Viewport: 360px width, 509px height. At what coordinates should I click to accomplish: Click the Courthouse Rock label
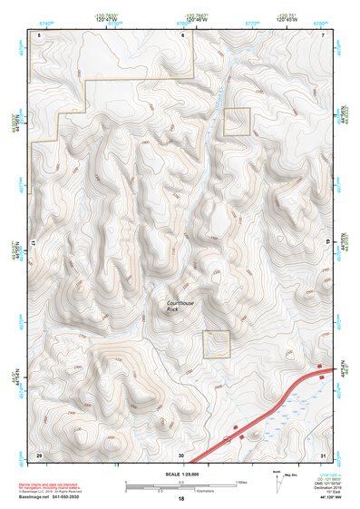180,306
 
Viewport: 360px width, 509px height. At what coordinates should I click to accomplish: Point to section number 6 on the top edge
182,34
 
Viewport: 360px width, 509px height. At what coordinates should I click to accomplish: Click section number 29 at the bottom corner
39,453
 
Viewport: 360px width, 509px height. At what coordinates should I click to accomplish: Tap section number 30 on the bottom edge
181,453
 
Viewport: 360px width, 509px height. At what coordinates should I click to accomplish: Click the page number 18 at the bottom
181,499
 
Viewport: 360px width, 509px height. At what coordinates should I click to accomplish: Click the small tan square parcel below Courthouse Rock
217,344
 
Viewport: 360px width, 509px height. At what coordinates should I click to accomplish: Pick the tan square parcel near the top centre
237,122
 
